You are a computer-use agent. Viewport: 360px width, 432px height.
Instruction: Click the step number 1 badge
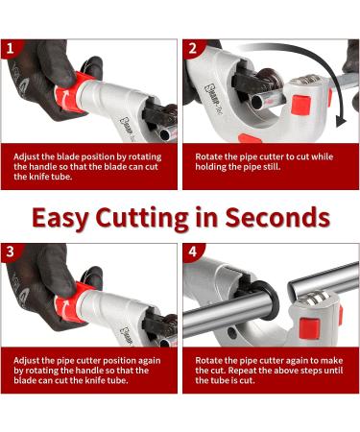11,49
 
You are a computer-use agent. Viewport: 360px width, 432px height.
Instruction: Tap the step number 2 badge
192,49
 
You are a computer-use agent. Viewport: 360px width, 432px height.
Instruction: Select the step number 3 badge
11,252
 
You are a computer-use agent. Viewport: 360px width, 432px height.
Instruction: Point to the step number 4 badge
192,252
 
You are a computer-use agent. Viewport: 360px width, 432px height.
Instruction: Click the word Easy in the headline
60,219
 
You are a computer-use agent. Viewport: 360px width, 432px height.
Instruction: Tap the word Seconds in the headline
277,218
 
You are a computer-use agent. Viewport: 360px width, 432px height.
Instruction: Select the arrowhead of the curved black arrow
341,122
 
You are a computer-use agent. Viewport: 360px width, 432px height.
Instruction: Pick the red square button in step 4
308,328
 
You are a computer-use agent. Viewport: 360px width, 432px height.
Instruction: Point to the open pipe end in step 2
258,103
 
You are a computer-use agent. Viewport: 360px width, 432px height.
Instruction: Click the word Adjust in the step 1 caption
27,157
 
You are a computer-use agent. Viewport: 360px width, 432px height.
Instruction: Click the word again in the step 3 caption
149,361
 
